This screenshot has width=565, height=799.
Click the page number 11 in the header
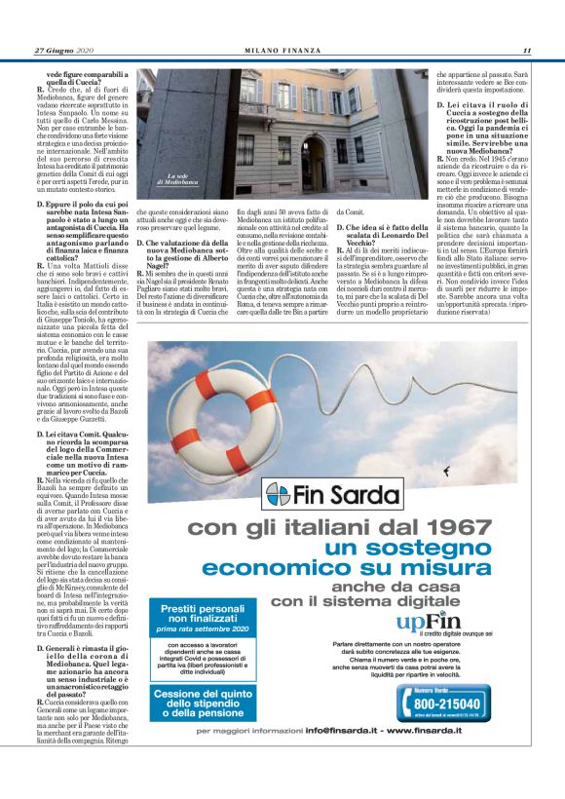(x=526, y=51)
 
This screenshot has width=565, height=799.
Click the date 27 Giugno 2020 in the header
(x=63, y=51)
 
